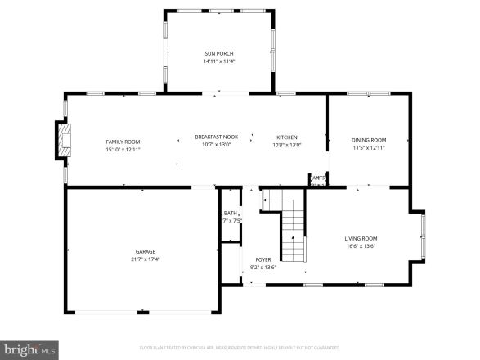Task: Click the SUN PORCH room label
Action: (218, 53)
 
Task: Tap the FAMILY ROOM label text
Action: (123, 142)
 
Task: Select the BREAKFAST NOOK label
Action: (216, 137)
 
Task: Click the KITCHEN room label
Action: (286, 137)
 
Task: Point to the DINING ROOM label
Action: (369, 140)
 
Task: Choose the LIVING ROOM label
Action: (361, 238)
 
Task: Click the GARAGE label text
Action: (146, 251)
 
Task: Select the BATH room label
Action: (231, 213)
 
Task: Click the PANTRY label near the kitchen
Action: (318, 178)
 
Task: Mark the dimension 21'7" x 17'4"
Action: (146, 259)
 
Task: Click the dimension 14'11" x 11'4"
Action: (218, 61)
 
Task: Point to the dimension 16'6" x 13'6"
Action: (361, 245)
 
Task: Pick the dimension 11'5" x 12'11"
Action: (369, 148)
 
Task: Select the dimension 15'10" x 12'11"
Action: (123, 150)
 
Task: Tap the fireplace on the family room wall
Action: (63, 140)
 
